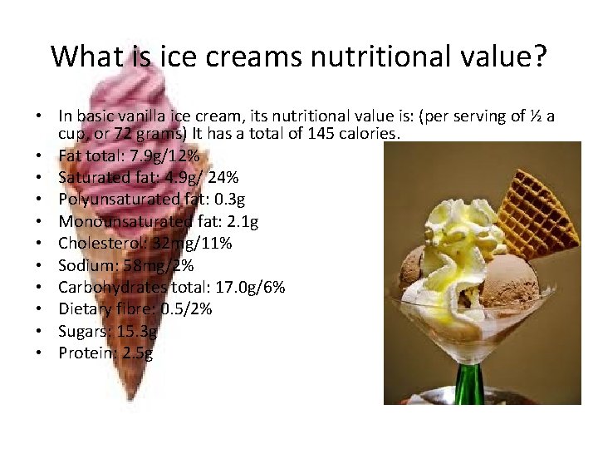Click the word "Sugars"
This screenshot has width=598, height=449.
point(81,331)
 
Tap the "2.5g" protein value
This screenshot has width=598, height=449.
point(136,353)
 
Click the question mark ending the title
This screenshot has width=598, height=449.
point(539,57)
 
